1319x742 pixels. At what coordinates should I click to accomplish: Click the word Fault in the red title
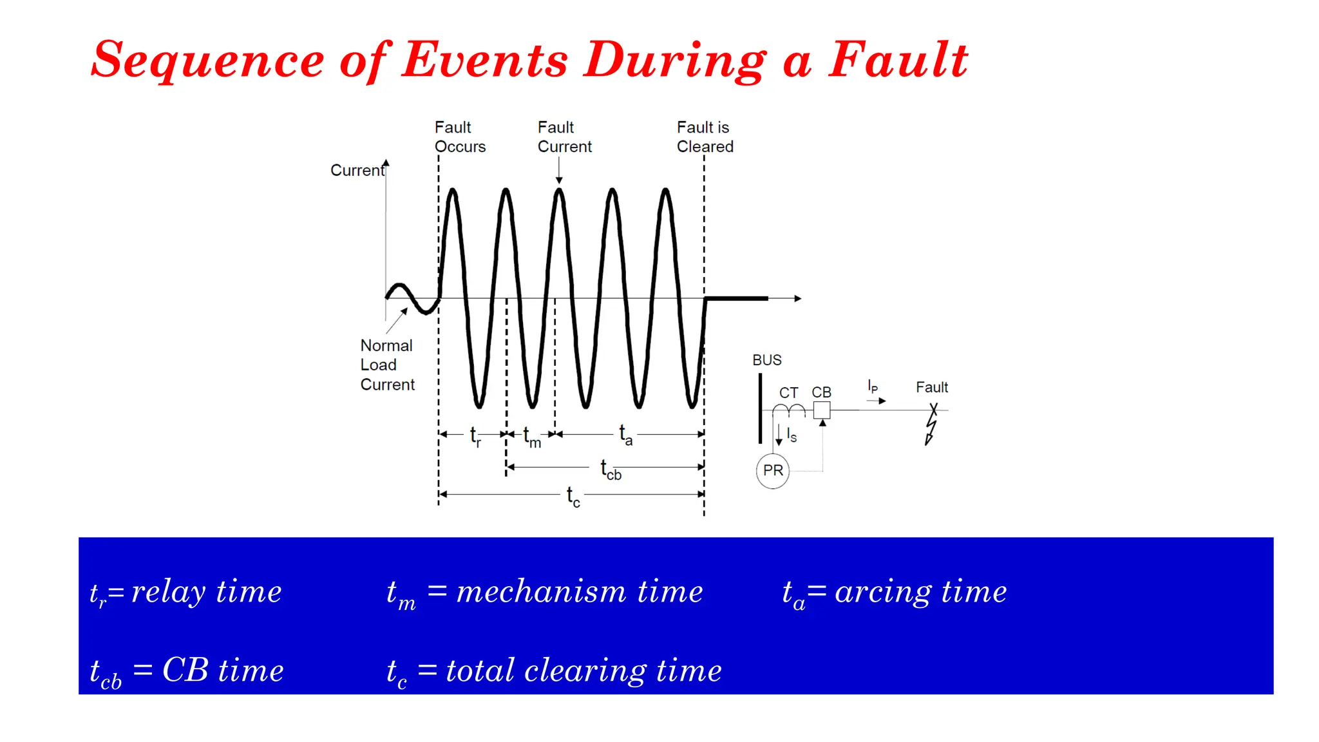point(898,60)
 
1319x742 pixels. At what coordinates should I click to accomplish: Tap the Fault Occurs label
point(459,137)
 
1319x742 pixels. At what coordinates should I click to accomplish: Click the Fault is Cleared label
point(705,137)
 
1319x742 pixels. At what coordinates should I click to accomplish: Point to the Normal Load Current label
point(386,365)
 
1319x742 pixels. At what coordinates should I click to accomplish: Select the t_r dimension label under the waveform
point(475,436)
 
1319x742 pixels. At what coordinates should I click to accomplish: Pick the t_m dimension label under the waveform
point(531,437)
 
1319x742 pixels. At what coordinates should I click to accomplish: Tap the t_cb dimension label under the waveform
point(610,469)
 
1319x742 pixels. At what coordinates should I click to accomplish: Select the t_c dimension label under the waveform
point(573,496)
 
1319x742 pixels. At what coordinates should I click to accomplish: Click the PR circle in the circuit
point(772,471)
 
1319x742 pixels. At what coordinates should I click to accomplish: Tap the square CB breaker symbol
point(822,410)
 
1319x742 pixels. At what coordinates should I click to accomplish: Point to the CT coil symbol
point(788,410)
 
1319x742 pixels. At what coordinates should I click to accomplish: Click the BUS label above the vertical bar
point(766,360)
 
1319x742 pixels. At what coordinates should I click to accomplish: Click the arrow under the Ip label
point(877,401)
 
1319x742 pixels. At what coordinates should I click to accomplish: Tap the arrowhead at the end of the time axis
point(797,298)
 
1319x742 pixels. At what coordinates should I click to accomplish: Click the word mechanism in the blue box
point(541,591)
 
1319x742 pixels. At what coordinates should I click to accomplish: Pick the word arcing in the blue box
point(882,591)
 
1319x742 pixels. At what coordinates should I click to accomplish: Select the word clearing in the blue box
point(585,671)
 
